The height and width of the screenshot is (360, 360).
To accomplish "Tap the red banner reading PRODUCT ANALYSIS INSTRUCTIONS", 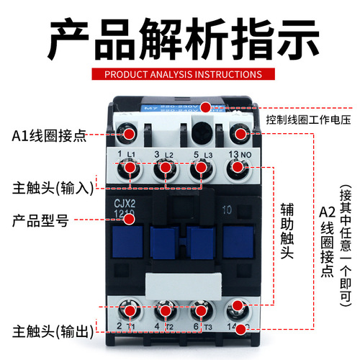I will click(x=180, y=74).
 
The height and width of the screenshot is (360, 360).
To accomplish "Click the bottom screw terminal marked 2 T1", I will click(x=131, y=311).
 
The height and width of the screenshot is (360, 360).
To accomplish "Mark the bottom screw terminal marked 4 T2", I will click(x=166, y=311).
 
